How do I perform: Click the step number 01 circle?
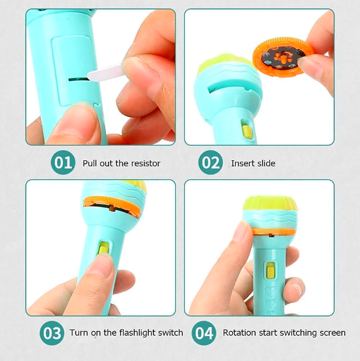coord(64,163)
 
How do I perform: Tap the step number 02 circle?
coord(210,163)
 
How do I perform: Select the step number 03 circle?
coord(52,333)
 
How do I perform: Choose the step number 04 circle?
coord(203,333)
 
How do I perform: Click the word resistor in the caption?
coord(145,163)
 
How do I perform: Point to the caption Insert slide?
coord(253,163)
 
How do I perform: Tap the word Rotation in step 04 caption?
coord(239,333)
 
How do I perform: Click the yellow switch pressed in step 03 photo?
coord(104,249)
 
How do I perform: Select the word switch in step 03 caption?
coord(170,333)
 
